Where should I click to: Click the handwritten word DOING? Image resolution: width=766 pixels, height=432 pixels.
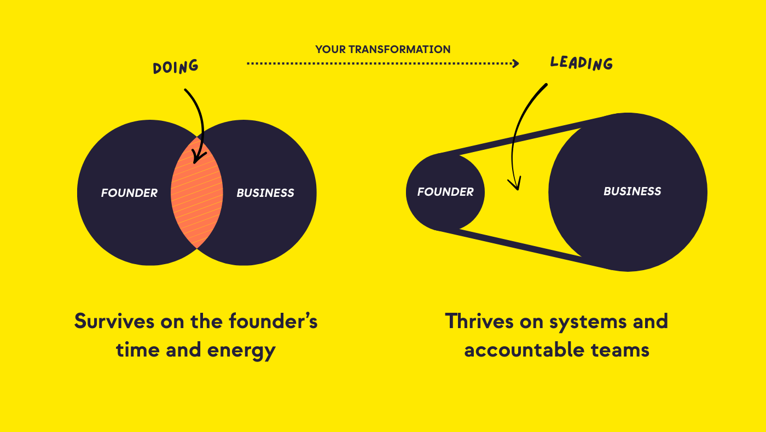(x=176, y=66)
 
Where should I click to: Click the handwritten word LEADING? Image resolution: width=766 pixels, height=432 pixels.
(x=581, y=63)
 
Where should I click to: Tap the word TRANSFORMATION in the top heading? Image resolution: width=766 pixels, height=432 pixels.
(x=399, y=49)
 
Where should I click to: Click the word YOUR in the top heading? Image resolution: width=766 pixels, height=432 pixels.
(x=330, y=49)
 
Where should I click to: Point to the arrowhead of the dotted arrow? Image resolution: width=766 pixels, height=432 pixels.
(x=515, y=63)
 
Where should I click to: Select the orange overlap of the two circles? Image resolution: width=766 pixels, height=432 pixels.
(x=197, y=192)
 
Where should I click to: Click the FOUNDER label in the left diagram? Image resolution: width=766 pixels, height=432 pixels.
(x=129, y=192)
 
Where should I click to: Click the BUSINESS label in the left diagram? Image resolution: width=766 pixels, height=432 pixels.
(x=265, y=192)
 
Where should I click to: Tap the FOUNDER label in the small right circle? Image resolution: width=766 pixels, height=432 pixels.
(x=445, y=192)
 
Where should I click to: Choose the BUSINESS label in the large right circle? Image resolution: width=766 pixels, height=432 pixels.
(x=632, y=191)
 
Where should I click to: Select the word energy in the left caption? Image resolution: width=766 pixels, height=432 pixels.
(x=241, y=351)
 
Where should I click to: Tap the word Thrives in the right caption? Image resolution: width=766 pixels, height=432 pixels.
(x=479, y=322)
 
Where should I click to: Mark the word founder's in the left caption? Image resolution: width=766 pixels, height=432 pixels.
(x=273, y=322)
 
